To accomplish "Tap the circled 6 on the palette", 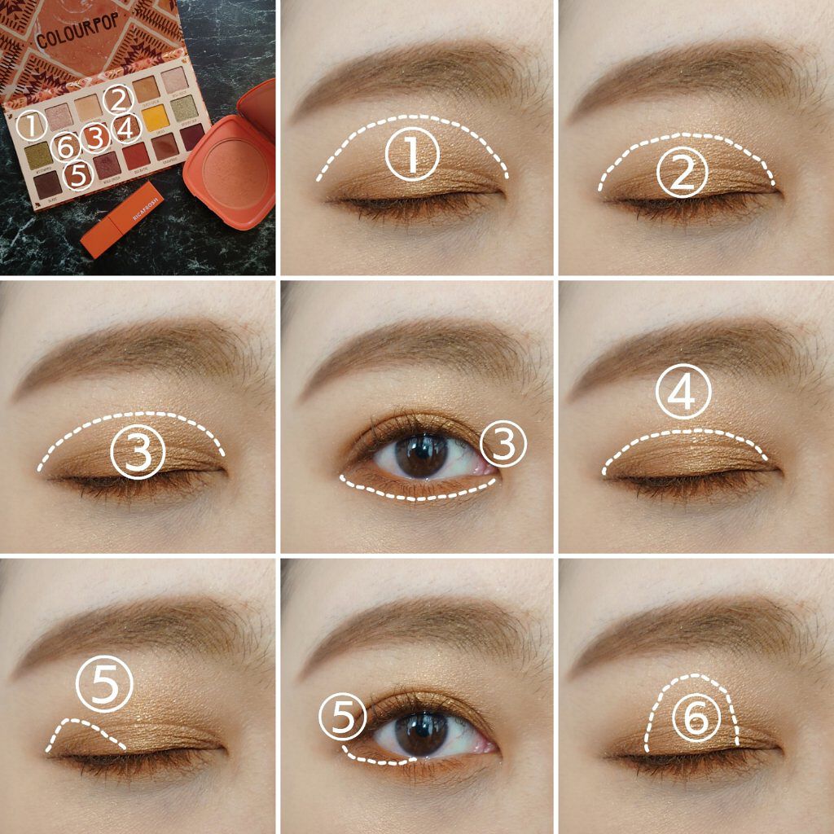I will (x=68, y=147).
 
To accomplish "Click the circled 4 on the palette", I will (x=125, y=128).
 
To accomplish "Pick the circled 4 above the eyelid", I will (x=684, y=394).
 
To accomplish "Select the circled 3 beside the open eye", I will (x=503, y=444).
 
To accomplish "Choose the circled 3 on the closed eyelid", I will (x=138, y=452).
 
